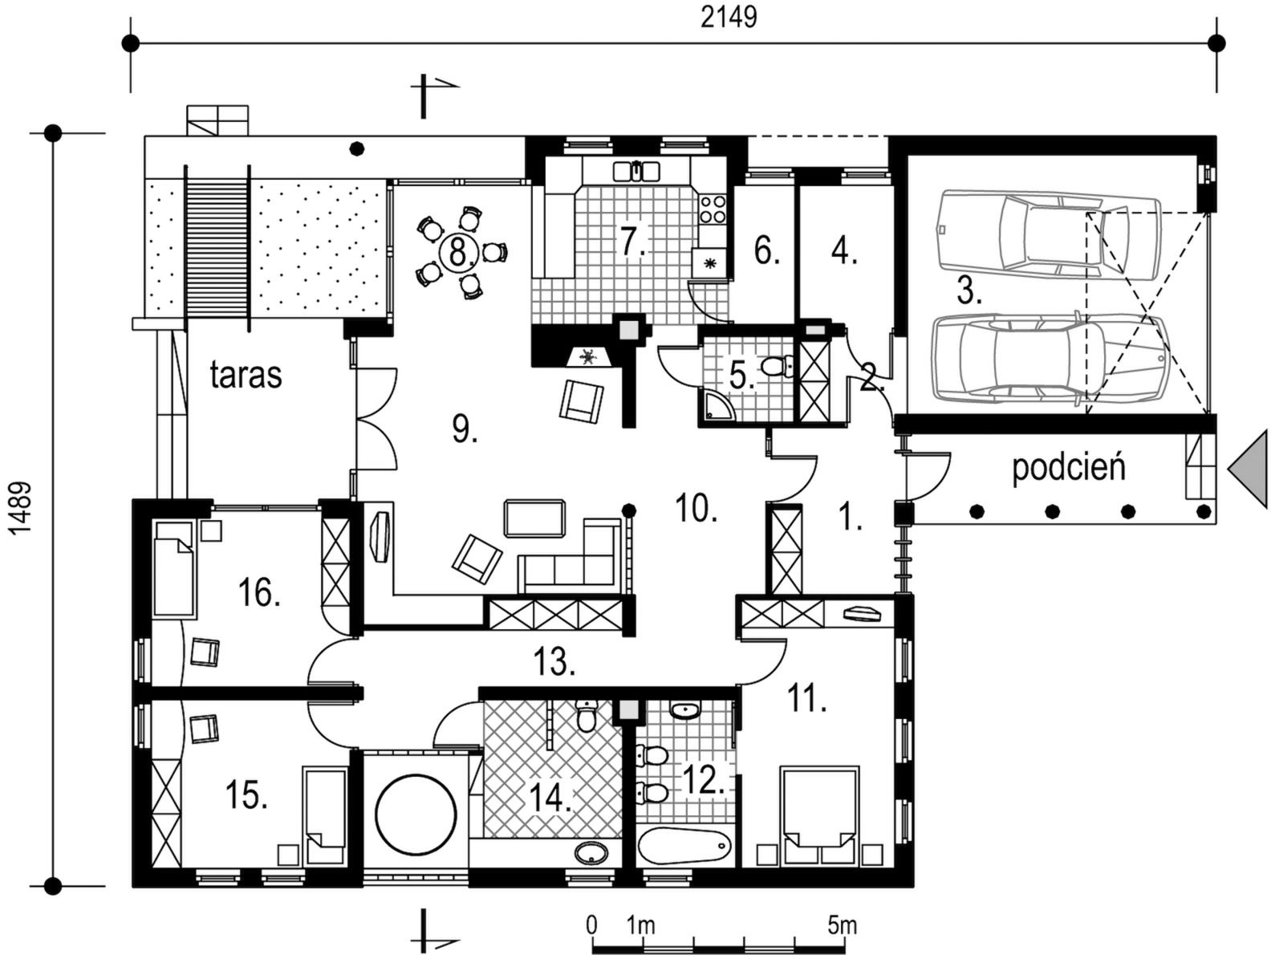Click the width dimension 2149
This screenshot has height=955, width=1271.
tap(729, 18)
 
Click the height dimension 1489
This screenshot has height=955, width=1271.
tap(21, 510)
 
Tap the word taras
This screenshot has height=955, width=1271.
tap(246, 375)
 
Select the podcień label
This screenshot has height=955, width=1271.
tap(1068, 467)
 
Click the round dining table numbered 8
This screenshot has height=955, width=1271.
tap(458, 253)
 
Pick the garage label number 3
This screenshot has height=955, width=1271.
tap(968, 291)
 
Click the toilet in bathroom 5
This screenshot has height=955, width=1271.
tap(776, 367)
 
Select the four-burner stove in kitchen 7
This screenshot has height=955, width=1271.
tap(713, 209)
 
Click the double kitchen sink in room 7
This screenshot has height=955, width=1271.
tap(636, 171)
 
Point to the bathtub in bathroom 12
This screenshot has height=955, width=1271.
tap(684, 846)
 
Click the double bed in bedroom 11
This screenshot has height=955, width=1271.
tap(818, 817)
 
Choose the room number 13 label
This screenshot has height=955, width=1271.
tap(554, 663)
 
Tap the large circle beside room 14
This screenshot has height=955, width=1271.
tap(415, 815)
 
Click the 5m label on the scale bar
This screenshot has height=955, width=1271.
tap(842, 926)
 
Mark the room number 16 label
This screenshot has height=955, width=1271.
tap(259, 593)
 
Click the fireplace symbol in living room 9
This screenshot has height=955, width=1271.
tap(588, 357)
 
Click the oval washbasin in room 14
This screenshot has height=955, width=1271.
tap(591, 852)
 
